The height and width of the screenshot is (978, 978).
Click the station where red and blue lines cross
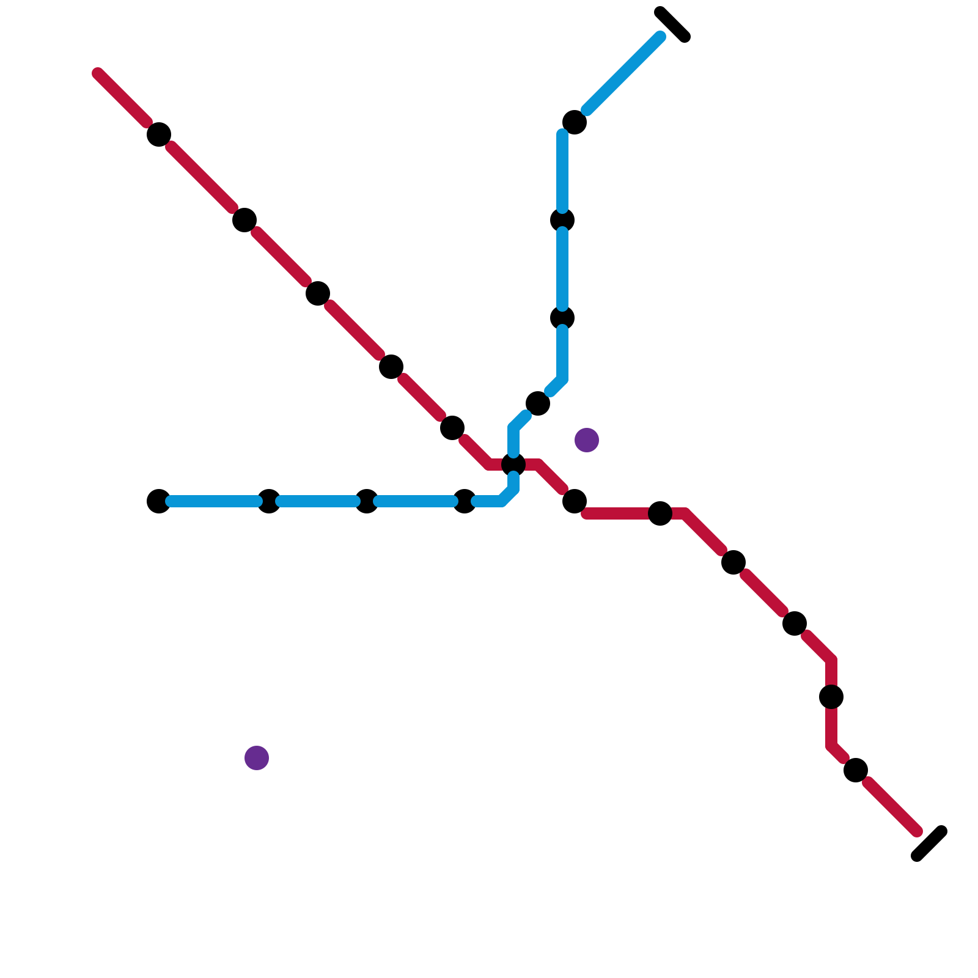click(513, 465)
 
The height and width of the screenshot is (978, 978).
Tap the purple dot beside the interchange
click(587, 440)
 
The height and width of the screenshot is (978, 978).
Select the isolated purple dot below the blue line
click(257, 758)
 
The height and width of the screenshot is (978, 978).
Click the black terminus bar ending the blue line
click(672, 24)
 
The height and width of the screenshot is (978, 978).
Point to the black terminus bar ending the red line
click(929, 844)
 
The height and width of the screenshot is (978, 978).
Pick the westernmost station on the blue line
click(159, 501)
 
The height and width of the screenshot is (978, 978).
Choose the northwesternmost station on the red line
click(159, 134)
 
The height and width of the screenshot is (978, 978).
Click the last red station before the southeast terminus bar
click(856, 770)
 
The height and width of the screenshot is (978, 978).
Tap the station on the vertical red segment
click(831, 697)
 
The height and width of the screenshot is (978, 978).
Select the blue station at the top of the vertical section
click(575, 122)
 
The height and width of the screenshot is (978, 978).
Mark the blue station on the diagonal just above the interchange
click(538, 403)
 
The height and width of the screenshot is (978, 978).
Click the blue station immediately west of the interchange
click(465, 501)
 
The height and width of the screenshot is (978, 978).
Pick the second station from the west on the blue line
click(269, 501)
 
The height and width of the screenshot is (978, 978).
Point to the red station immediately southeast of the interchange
click(575, 501)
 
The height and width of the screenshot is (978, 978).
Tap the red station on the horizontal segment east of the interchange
click(660, 513)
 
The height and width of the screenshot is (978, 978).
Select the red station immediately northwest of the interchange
click(452, 428)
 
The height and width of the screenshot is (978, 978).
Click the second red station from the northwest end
click(244, 220)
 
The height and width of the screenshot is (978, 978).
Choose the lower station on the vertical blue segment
click(562, 318)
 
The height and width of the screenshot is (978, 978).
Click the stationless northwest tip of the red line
click(98, 73)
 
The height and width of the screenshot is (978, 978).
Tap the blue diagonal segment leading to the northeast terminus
click(623, 73)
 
